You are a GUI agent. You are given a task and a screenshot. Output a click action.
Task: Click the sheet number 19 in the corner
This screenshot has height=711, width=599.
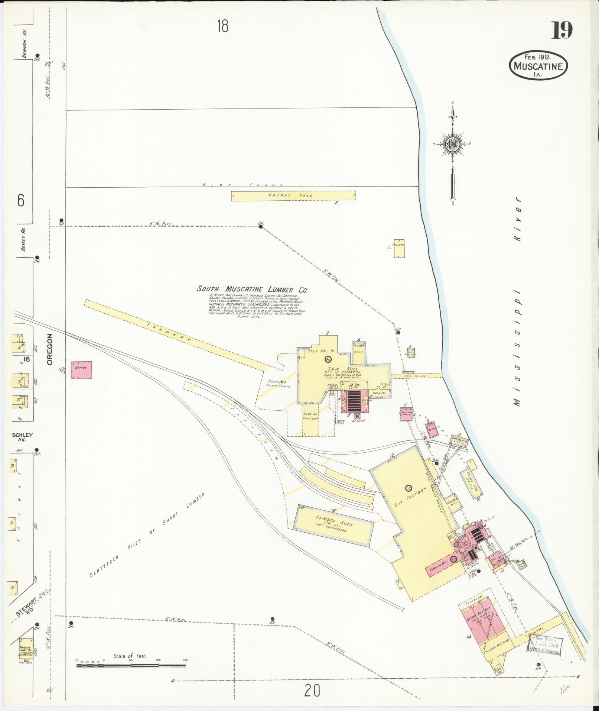pyautogui.click(x=561, y=30)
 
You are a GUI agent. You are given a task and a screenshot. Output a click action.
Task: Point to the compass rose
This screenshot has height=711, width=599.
pyautogui.click(x=453, y=143)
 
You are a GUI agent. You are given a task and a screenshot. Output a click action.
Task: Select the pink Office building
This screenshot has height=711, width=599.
pyautogui.click(x=81, y=370)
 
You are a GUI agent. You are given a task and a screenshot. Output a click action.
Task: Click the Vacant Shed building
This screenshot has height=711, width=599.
pyautogui.click(x=293, y=195)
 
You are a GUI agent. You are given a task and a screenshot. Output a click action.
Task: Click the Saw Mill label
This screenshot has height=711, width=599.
pyautogui.click(x=346, y=369)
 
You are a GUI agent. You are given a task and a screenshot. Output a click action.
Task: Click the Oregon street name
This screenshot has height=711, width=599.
pyautogui.click(x=51, y=349)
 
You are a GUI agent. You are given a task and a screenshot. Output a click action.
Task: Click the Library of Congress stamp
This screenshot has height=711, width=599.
pyautogui.click(x=546, y=648)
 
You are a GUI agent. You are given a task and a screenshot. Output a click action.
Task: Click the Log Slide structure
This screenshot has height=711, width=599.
pyautogui.click(x=417, y=376)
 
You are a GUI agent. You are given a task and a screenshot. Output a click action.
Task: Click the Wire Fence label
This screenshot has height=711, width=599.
pyautogui.click(x=243, y=185)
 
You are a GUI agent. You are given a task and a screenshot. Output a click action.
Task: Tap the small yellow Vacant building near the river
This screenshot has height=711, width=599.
pyautogui.click(x=399, y=248)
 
